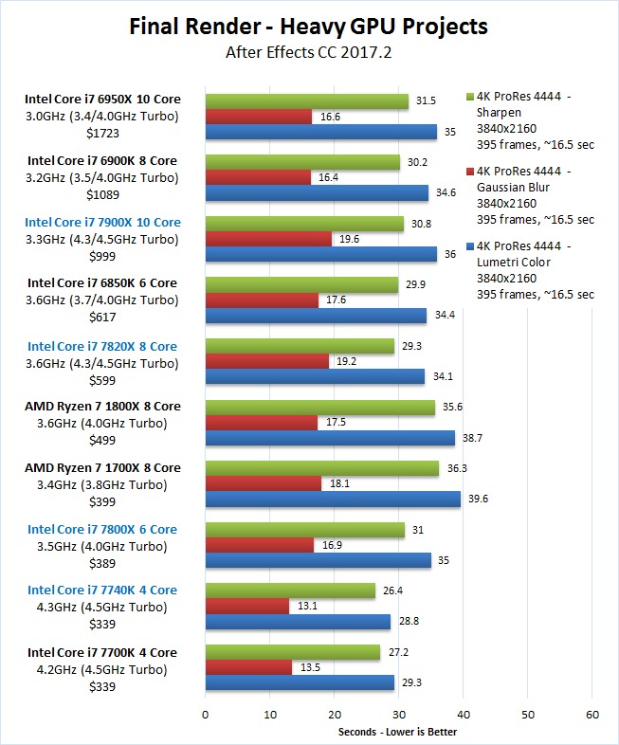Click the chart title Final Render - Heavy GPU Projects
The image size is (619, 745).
[x=309, y=27]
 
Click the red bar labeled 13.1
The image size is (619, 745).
[x=246, y=607]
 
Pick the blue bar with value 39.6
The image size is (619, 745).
[x=333, y=499]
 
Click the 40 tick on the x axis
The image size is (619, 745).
[x=463, y=714]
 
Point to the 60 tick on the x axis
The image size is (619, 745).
[x=592, y=714]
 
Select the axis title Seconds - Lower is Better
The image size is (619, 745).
[x=398, y=732]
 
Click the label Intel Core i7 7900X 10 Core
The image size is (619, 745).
[x=104, y=222]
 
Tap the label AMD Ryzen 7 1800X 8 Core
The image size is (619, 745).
[x=103, y=406]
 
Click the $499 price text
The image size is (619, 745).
[x=103, y=439]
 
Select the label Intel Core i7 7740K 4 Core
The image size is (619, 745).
[x=102, y=590]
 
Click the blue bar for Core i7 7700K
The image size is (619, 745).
[x=300, y=682]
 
